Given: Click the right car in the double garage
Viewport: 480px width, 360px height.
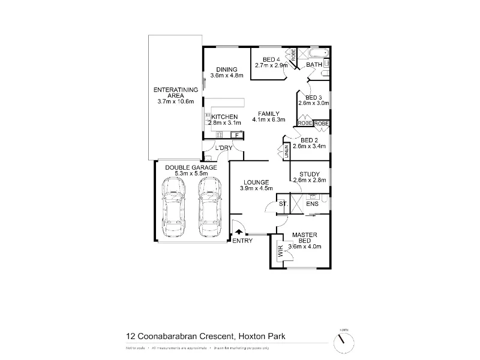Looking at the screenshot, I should (209, 209).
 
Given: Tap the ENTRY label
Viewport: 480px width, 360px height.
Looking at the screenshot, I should (242, 241).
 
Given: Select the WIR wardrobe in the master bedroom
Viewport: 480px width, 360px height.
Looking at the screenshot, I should (280, 250).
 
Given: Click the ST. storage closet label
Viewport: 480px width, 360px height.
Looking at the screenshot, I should (283, 205).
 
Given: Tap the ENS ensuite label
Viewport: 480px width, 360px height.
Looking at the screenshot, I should (312, 205).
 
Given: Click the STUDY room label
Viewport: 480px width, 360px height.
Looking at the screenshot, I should (310, 174).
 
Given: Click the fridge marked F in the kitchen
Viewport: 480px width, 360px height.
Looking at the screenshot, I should (237, 136).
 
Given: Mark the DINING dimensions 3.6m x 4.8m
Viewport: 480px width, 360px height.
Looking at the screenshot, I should (226, 76).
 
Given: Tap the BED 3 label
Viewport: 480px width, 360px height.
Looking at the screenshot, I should (314, 97).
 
